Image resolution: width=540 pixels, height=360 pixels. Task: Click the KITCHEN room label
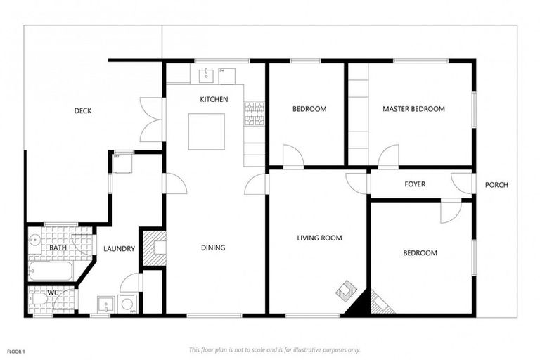pyautogui.click(x=214, y=100)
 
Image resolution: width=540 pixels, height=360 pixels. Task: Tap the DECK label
pyautogui.click(x=83, y=110)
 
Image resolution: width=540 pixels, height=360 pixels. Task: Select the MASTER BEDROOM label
pyautogui.click(x=413, y=109)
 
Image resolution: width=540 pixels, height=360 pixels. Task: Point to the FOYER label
pyautogui.click(x=415, y=184)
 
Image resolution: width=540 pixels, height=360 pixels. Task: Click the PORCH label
pyautogui.click(x=496, y=185)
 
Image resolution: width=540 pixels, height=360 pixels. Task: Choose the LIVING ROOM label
pyautogui.click(x=319, y=238)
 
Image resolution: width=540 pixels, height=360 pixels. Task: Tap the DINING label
pyautogui.click(x=213, y=247)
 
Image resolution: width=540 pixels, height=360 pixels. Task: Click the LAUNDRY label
pyautogui.click(x=119, y=248)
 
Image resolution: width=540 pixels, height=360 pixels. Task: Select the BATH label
pyautogui.click(x=58, y=248)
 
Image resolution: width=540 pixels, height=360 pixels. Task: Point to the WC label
pyautogui.click(x=53, y=292)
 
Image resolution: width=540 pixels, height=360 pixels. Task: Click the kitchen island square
pyautogui.click(x=207, y=131)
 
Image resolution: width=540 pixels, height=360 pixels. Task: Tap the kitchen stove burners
pyautogui.click(x=254, y=114)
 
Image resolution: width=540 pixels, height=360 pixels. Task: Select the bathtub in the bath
pyautogui.click(x=49, y=271)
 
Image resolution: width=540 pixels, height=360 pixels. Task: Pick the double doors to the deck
pyautogui.click(x=152, y=118)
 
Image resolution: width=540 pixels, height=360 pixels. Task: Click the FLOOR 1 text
pyautogui.click(x=16, y=349)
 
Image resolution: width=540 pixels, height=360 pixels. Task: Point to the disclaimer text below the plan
pyautogui.click(x=274, y=349)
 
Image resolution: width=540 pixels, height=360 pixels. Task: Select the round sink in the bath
pyautogui.click(x=34, y=240)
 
